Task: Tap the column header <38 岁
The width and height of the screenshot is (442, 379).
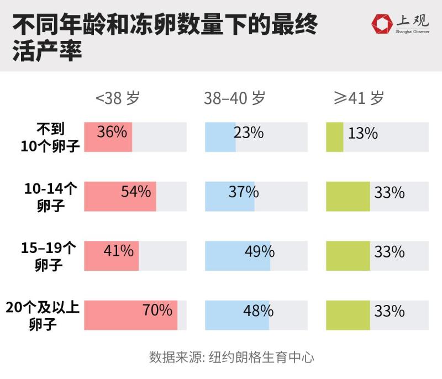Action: point(118,98)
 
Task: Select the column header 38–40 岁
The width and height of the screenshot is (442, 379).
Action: point(234,98)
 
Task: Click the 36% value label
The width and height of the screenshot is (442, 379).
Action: point(112,133)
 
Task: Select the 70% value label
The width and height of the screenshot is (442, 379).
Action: point(157,310)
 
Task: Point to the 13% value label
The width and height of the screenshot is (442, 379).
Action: point(363,133)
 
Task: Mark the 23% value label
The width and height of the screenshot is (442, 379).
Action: point(249,133)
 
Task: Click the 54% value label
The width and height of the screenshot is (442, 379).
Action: point(136,192)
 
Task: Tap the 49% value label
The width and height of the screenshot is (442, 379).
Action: point(260,251)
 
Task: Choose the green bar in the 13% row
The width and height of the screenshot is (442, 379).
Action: point(335,137)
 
